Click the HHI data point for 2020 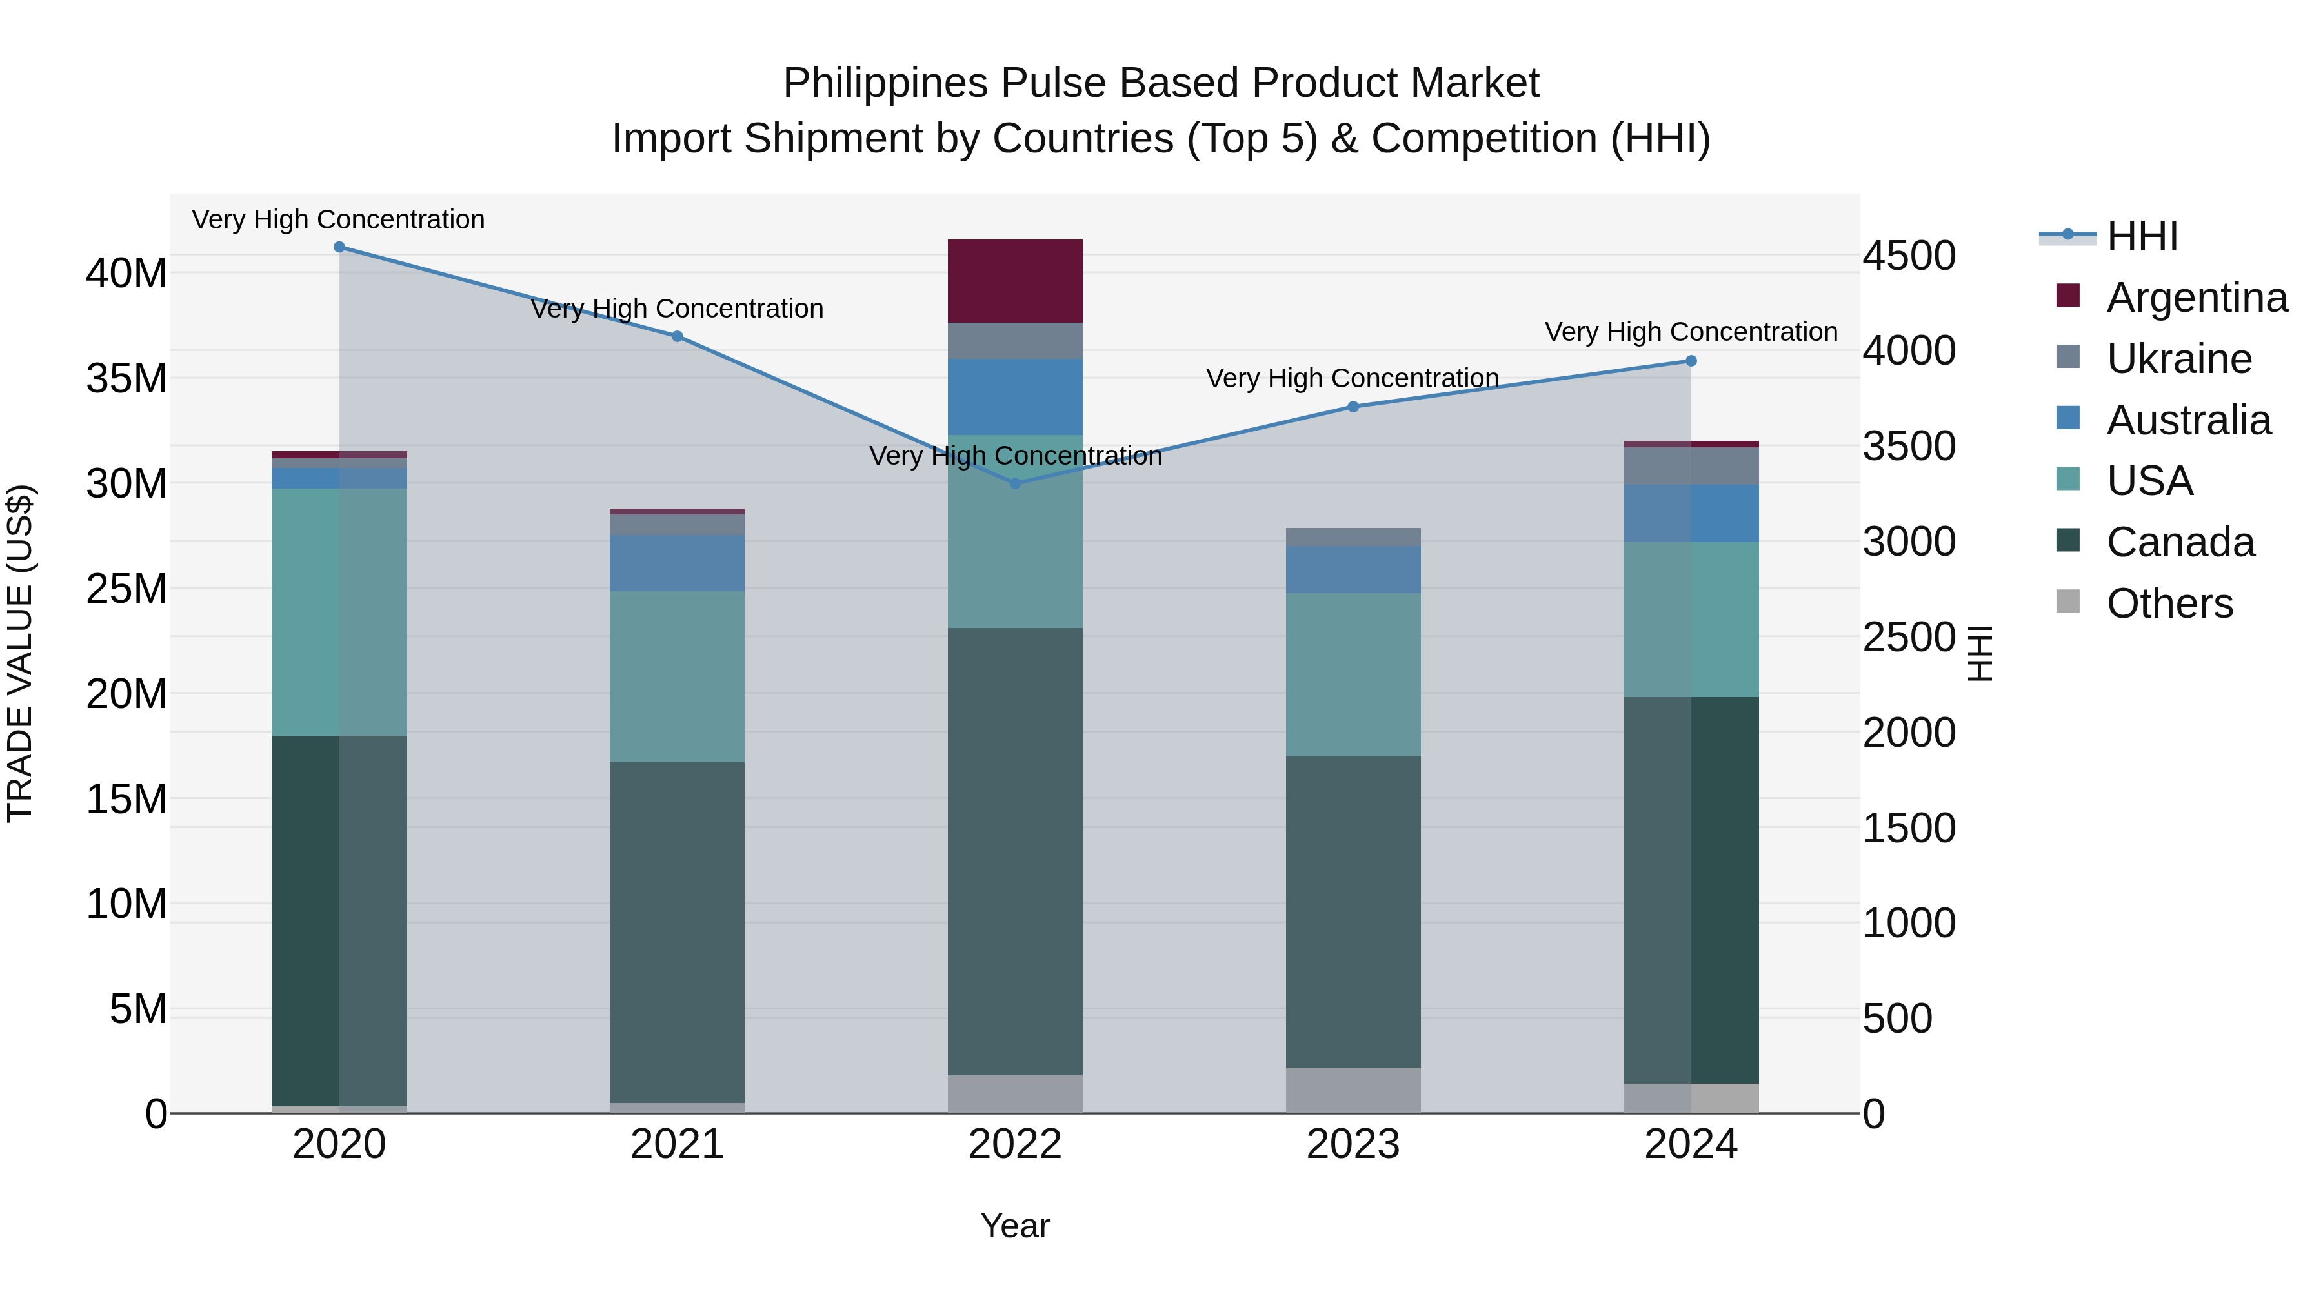click(339, 247)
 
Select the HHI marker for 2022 click(1016, 483)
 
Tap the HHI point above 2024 click(1691, 361)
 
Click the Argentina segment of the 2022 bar click(1016, 281)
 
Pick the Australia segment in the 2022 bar click(1016, 397)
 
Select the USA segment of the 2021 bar click(678, 676)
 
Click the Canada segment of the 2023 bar click(1353, 911)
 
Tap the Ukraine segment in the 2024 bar click(1691, 465)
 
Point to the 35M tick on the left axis click(126, 379)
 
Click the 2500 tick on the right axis click(1909, 637)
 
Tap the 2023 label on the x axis click(1353, 1144)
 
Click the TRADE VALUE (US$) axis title click(20, 653)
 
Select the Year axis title click(1016, 1226)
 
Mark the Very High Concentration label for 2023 click(1353, 378)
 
